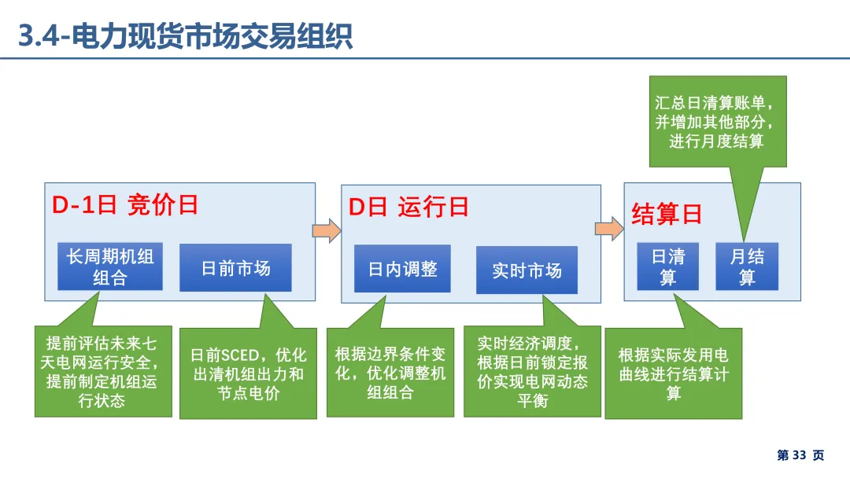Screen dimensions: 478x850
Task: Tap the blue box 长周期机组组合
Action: (109, 267)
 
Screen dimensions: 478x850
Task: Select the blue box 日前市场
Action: (235, 268)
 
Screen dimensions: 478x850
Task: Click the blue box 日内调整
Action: (402, 269)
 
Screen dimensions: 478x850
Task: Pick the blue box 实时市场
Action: (527, 270)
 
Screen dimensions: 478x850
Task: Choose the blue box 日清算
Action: (667, 267)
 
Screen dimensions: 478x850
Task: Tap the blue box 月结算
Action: (746, 267)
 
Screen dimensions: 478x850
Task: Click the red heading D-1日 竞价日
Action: (125, 205)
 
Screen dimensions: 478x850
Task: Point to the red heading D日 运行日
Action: (408, 207)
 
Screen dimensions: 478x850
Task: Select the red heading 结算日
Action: (666, 214)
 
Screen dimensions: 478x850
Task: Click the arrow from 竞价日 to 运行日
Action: (327, 230)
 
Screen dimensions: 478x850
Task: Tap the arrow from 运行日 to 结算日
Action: (609, 228)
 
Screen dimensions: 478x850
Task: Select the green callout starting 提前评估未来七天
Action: (102, 372)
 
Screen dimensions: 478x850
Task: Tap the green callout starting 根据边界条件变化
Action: (390, 373)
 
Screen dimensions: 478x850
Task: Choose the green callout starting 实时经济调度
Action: (532, 372)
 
